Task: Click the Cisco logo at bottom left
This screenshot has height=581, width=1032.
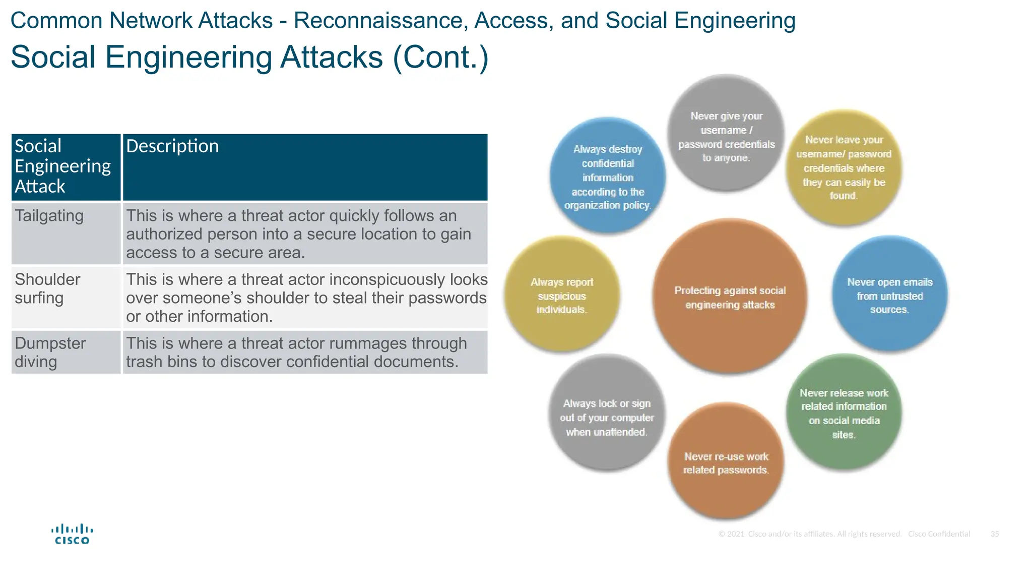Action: (72, 534)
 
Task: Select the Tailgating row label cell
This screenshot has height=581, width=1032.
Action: (66, 234)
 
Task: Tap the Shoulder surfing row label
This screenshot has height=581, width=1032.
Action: (66, 297)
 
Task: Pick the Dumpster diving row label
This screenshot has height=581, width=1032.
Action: (66, 352)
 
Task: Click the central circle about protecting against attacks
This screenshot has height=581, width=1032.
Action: (730, 297)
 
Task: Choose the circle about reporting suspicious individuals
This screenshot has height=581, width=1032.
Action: (561, 295)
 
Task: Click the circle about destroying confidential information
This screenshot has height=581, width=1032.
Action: (608, 177)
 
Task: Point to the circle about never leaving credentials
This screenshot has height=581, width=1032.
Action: (844, 167)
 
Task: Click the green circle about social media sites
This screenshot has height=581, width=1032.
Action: (844, 413)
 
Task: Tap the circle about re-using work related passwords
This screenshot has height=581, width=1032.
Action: (726, 462)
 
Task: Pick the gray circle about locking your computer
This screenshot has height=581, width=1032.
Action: (607, 417)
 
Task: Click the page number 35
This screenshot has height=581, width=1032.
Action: (994, 534)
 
